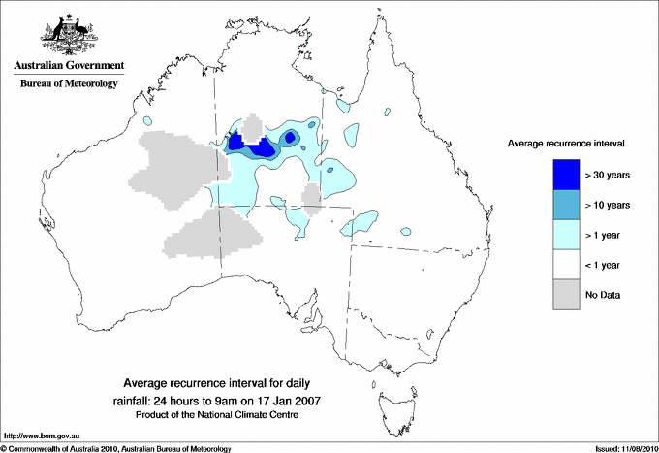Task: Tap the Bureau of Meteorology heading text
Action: click(68, 84)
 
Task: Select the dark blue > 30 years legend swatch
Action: click(566, 175)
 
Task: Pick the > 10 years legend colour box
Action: click(566, 205)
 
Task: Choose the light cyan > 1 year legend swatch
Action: click(566, 234)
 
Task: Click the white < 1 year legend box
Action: click(566, 264)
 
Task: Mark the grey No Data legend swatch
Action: click(566, 294)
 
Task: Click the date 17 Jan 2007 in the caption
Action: click(287, 401)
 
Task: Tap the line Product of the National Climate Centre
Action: click(225, 414)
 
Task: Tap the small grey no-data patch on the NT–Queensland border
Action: click(312, 198)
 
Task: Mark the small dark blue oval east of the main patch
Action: click(290, 138)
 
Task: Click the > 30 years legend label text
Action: click(608, 175)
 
